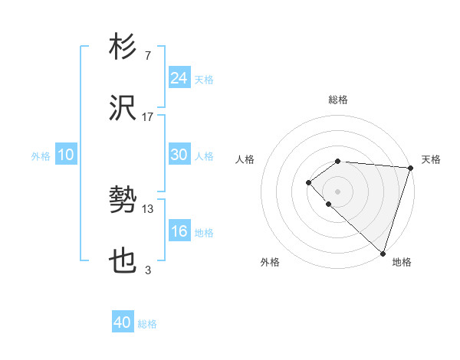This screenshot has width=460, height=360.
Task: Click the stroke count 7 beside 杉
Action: click(147, 55)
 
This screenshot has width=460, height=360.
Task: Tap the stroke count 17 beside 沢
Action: click(148, 117)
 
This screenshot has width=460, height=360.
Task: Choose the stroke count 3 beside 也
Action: click(148, 270)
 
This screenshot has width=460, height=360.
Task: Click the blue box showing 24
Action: click(179, 78)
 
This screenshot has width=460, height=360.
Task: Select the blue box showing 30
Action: click(179, 155)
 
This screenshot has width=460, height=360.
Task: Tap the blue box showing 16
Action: click(179, 231)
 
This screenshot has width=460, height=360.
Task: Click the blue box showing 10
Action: click(65, 155)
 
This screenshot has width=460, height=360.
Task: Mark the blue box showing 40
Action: click(123, 322)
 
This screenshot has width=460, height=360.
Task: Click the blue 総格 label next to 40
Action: click(147, 324)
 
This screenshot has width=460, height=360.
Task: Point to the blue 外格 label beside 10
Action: click(41, 156)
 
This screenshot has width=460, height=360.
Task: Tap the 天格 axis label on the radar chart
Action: click(431, 159)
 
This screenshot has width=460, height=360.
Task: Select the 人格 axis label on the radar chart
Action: click(245, 159)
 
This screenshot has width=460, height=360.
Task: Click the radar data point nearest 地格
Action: click(383, 253)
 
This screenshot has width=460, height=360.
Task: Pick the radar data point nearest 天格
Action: click(410, 168)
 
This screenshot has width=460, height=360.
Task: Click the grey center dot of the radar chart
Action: click(337, 191)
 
